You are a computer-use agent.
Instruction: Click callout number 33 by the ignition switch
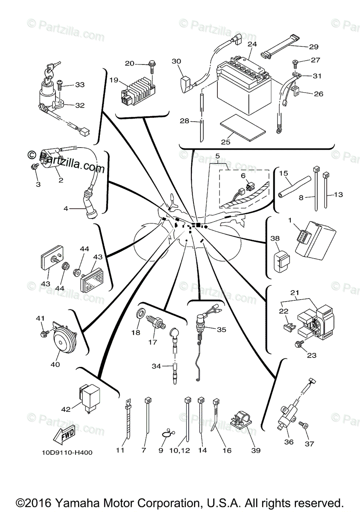click(x=80, y=84)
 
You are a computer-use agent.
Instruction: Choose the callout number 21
click(x=294, y=292)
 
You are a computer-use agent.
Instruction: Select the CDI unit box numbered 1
click(x=315, y=240)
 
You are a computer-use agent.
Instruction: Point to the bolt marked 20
click(x=152, y=64)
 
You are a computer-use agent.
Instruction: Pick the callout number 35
click(x=221, y=329)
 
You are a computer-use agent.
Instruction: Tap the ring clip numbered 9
click(x=167, y=433)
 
